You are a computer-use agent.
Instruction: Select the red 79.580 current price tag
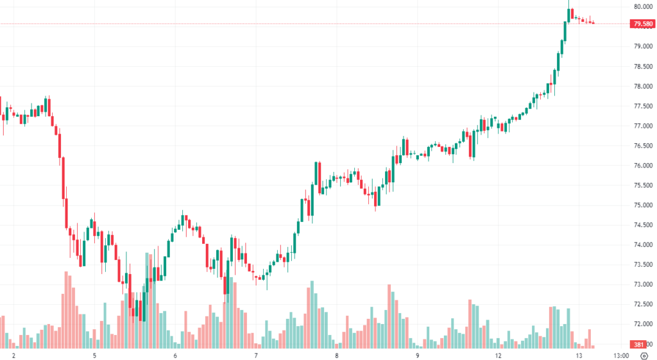pyautogui.click(x=642, y=24)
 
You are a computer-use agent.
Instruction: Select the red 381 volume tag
pyautogui.click(x=639, y=344)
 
